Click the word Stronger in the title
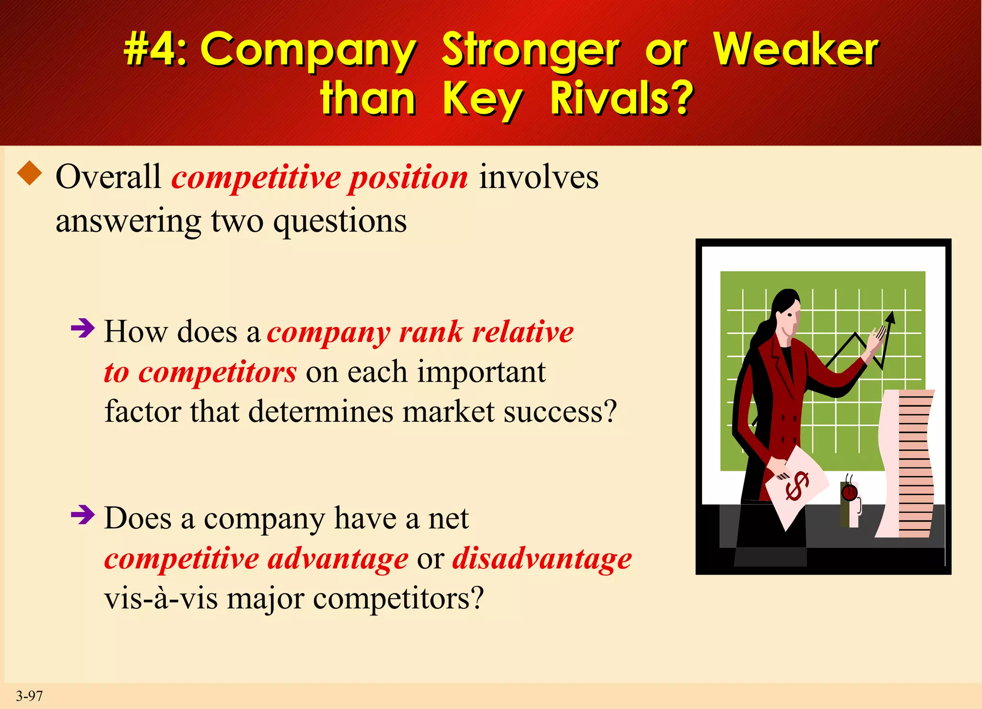531,50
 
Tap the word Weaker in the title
795,49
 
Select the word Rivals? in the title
621,99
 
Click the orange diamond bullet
30,173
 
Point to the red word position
408,178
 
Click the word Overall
108,177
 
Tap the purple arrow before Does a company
82,515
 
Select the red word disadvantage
542,559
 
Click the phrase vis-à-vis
161,599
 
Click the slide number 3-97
29,696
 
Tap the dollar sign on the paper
797,485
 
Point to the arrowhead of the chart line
890,317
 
